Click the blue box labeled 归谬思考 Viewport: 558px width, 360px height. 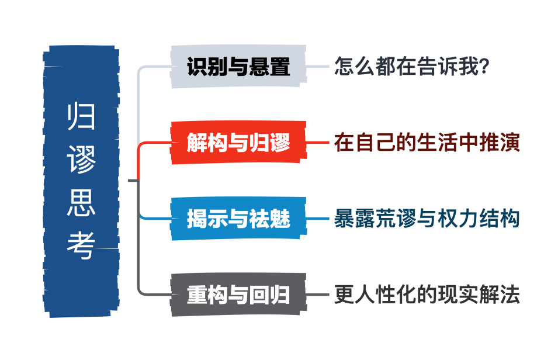coord(82,181)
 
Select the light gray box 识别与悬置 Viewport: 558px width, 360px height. coord(238,67)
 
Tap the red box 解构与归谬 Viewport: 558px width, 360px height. coord(238,143)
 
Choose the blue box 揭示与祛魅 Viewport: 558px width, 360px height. coord(238,219)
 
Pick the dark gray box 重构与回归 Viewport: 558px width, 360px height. coord(238,295)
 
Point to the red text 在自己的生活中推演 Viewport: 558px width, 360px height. coord(427,143)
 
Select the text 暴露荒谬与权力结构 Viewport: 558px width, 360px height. coord(427,219)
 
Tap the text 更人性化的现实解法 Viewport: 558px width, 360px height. coord(427,295)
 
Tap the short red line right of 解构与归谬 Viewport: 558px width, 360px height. coord(319,143)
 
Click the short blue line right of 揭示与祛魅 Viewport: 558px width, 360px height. coord(319,219)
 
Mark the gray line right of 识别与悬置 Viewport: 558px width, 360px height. coord(319,67)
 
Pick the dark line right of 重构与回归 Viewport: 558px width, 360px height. coord(319,295)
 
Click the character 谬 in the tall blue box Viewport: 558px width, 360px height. coord(81,160)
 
